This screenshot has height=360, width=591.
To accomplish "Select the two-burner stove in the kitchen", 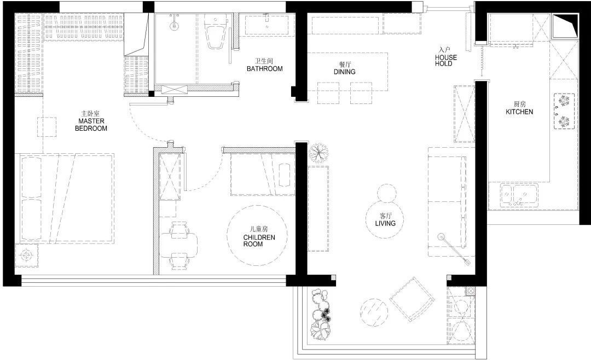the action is (564, 111).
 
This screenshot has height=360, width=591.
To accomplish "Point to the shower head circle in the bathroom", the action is (174, 26).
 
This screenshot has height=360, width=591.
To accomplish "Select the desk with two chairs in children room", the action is (179, 246).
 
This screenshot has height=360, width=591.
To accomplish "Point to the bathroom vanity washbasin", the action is (267, 25).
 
